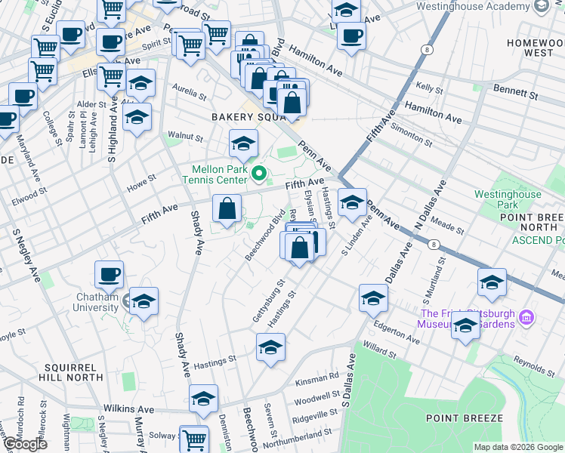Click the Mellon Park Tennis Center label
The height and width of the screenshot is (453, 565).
click(x=214, y=175)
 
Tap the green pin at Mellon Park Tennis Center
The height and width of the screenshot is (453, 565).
click(x=259, y=175)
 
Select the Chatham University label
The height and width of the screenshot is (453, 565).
click(x=96, y=302)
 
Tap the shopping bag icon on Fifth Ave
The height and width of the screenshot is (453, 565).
click(x=227, y=208)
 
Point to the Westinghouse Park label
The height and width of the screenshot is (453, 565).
click(x=508, y=199)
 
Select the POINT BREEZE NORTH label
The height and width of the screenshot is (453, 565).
click(x=531, y=223)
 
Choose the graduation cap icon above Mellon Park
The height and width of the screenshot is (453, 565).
click(x=243, y=143)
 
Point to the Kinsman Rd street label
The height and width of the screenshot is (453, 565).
click(x=323, y=376)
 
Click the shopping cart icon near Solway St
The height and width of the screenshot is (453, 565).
click(x=194, y=439)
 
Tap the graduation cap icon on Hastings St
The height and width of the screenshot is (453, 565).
click(x=270, y=348)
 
